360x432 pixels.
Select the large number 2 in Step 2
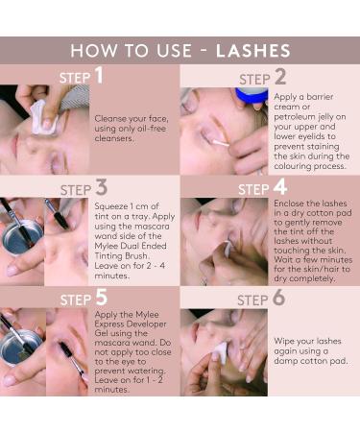pyautogui.click(x=279, y=77)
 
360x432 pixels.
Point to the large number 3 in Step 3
pyautogui.click(x=101, y=186)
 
